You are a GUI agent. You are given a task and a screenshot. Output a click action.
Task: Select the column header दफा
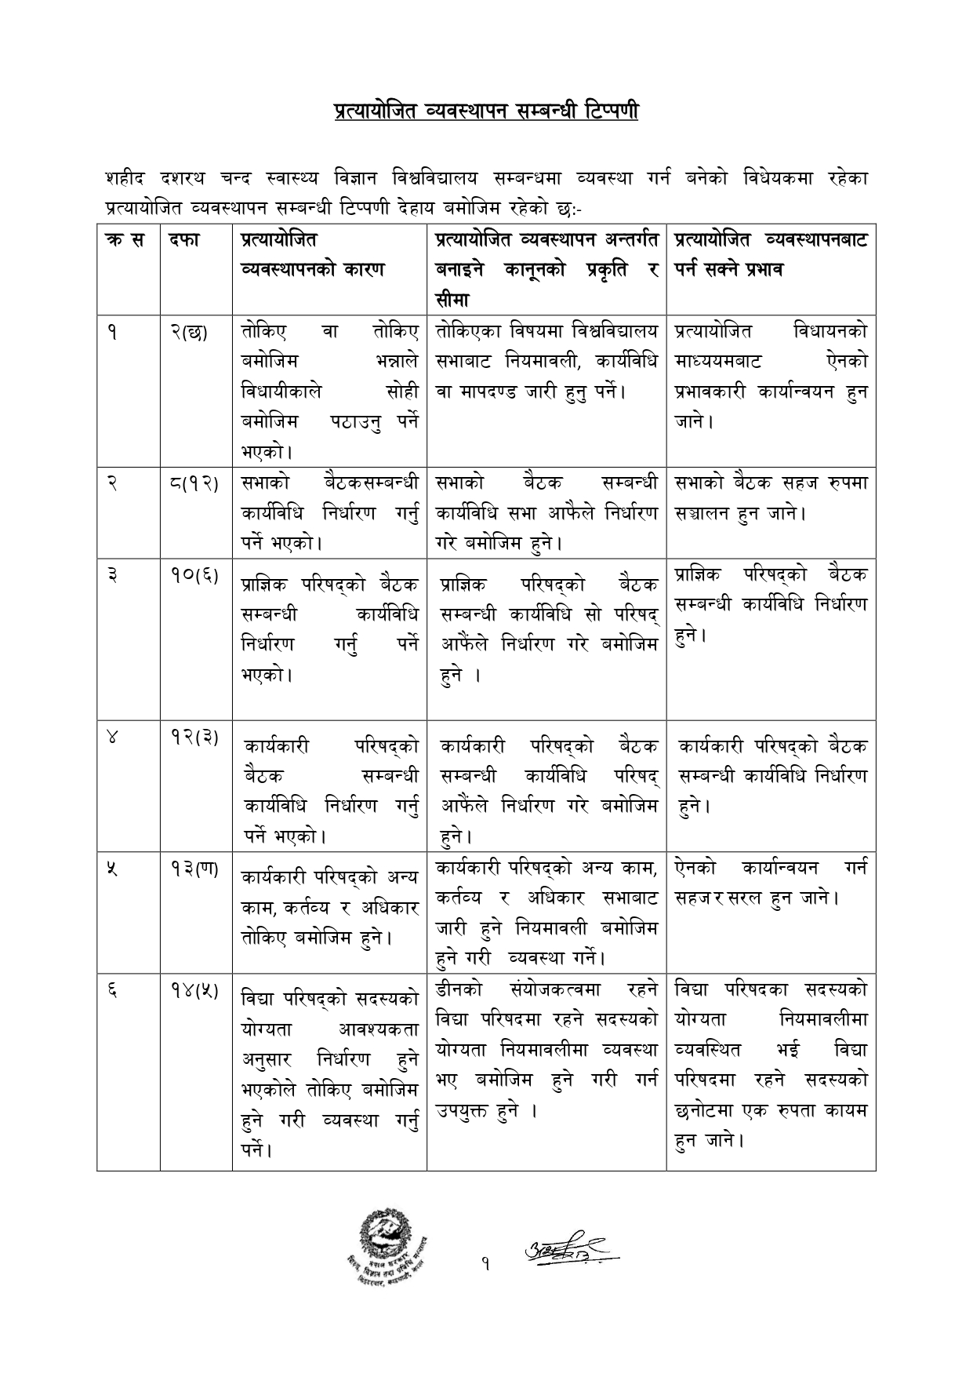click(x=183, y=240)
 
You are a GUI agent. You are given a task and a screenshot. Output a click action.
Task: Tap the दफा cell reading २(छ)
click(x=188, y=332)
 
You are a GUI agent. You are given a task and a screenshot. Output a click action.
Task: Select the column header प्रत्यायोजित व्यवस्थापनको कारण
click(x=313, y=254)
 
